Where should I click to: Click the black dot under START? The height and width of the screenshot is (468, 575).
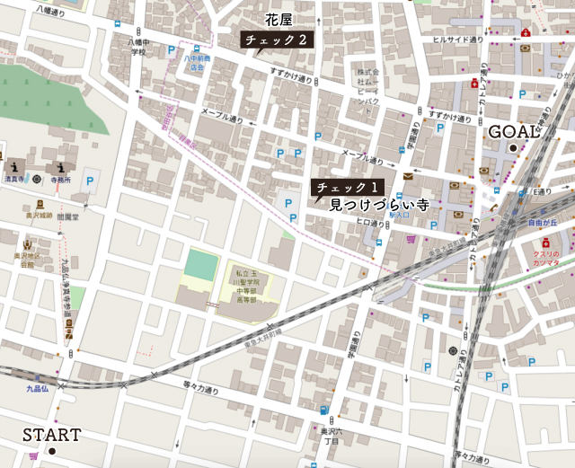point(52,451)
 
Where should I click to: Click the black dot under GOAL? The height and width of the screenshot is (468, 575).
point(514,147)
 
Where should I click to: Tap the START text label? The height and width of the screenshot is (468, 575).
point(51,435)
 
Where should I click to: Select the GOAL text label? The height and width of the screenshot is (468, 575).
point(514,131)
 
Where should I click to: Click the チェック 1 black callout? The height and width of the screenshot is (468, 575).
point(346,188)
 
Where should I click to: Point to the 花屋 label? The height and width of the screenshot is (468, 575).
point(279,20)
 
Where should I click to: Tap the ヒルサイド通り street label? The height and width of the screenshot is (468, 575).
point(458,40)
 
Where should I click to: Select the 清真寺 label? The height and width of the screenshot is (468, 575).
point(13,178)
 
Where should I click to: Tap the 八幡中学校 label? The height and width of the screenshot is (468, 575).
point(137,47)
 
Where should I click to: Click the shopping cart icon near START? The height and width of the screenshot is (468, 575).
point(33,456)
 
